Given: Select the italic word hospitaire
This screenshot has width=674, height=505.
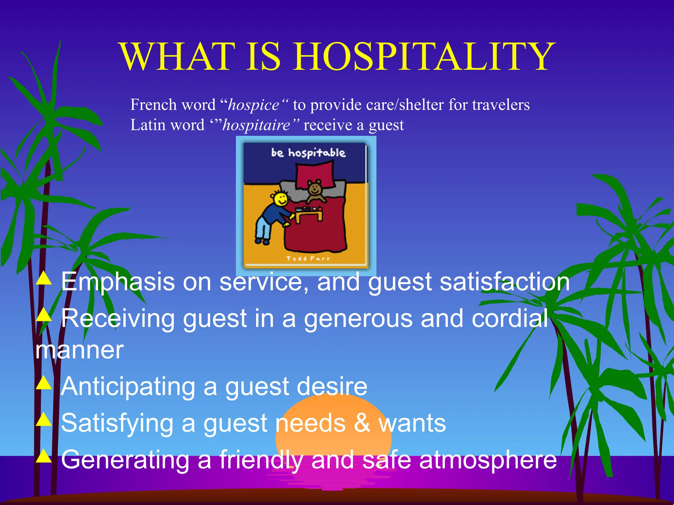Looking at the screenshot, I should point(256,125).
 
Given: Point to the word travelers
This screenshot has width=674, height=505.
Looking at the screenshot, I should point(501,105).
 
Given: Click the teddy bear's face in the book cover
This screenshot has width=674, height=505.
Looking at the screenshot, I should point(314,188).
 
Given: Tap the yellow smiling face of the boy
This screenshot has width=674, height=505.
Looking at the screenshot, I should point(281,199).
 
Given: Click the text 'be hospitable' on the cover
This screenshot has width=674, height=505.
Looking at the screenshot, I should point(308,153).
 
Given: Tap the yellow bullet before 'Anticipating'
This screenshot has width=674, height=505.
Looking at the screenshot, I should point(43,383).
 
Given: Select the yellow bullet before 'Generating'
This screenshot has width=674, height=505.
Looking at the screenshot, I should point(43,456).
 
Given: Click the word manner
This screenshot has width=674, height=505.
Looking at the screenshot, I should point(79,350).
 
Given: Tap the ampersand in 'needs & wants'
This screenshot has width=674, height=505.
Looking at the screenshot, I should point(362,423).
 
